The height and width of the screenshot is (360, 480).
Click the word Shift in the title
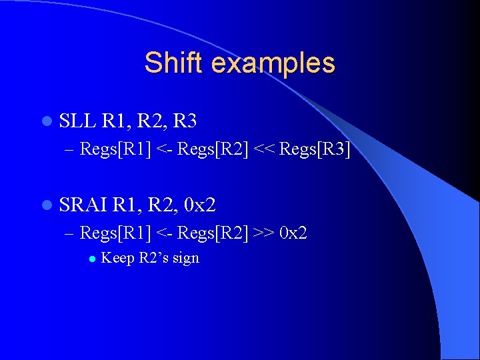[173, 63]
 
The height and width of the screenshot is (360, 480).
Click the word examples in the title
[271, 63]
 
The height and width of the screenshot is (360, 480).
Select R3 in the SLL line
[184, 121]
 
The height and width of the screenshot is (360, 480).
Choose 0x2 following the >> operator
[293, 233]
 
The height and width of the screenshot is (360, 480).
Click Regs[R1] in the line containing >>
[115, 233]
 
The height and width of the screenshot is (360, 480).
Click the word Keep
[117, 258]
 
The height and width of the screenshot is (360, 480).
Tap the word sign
[185, 259]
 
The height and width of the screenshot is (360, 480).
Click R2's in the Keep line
[153, 258]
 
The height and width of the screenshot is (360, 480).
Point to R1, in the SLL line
[116, 121]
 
